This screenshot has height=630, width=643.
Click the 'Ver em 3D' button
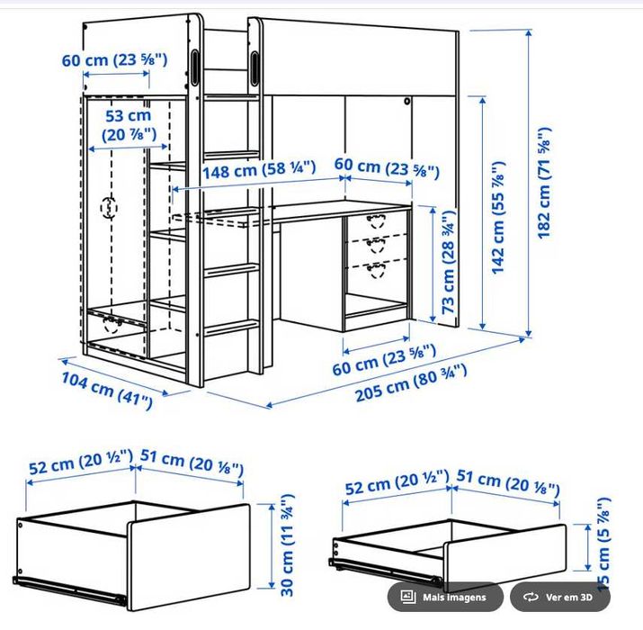click(x=559, y=597)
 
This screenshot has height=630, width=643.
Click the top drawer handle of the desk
click(x=373, y=220)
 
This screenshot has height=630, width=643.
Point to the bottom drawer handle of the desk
click(x=373, y=267)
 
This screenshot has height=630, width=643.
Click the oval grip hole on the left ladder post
click(x=197, y=69)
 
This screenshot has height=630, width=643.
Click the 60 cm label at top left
click(x=114, y=60)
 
